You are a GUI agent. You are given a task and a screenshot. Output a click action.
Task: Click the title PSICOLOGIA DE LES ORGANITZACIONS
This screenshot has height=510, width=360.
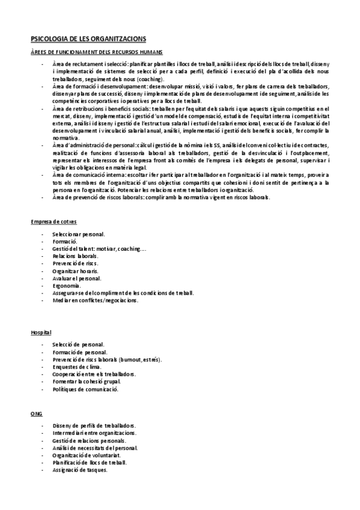tap(88, 39)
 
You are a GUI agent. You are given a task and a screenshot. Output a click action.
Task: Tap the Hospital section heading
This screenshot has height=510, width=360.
tap(41, 332)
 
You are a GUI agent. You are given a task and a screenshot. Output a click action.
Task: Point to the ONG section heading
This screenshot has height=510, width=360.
tap(36, 414)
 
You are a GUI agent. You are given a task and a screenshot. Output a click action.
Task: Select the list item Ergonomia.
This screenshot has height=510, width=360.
tap(66, 286)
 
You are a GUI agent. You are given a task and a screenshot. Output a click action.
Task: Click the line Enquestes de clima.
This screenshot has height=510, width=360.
tap(76, 366)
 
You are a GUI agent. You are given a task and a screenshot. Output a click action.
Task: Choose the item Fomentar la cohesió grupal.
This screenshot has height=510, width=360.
tap(87, 381)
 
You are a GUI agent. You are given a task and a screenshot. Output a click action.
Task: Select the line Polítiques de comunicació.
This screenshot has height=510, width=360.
tap(85, 389)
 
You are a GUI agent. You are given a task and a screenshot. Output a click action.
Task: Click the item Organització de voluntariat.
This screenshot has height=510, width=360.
tap(88, 455)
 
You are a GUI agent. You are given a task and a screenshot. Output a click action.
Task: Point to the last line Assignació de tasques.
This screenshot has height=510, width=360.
tap(80, 470)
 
